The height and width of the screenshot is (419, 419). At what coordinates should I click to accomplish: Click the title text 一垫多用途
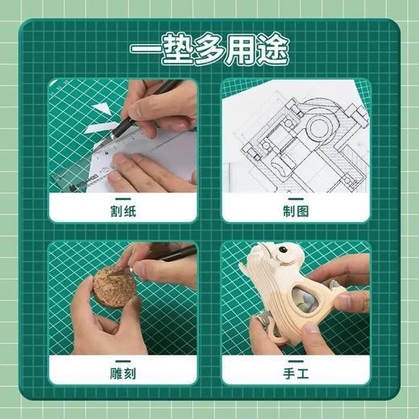click(209, 48)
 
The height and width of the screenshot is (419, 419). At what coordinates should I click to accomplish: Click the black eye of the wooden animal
click(284, 259)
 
